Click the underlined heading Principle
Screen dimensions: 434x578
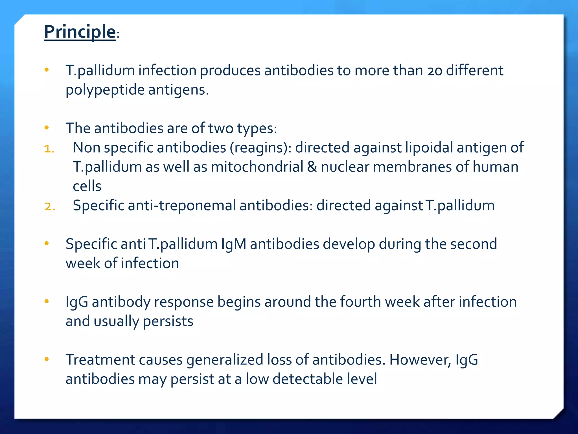point(80,32)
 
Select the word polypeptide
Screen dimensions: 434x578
point(105,90)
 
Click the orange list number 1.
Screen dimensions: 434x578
point(49,149)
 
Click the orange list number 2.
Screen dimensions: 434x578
point(50,207)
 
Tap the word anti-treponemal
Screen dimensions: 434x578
point(182,205)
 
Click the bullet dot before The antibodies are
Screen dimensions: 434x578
point(47,128)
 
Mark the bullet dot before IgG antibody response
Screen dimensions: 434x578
point(47,301)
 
